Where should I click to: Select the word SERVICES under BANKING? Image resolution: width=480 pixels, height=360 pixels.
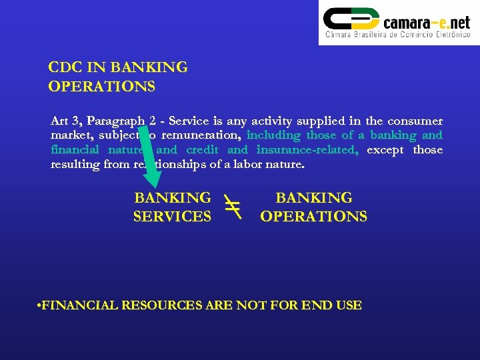coord(172,217)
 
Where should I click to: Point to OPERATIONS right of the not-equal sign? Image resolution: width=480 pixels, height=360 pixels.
coord(313,217)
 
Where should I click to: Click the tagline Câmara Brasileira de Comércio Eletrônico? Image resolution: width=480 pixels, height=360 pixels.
coord(397,35)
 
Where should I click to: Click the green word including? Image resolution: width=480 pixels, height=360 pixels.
coord(273,135)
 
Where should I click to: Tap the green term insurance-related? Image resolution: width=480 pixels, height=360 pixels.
coord(307,150)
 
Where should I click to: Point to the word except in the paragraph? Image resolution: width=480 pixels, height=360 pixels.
coord(385,150)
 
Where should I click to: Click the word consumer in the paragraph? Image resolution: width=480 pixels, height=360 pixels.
coord(414,121)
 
